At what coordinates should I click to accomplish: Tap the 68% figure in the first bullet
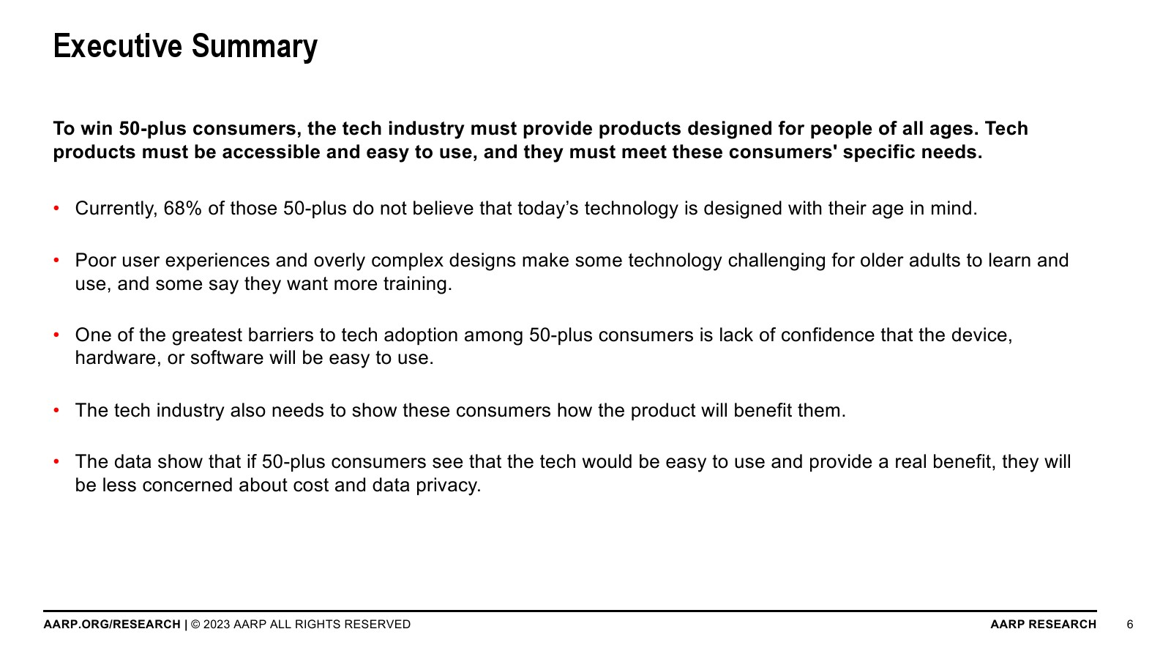pos(182,208)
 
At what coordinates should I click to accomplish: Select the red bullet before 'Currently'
pos(56,208)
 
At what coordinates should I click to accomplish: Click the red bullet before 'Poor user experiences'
pos(56,260)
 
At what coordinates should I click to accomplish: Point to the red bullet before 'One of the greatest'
pos(56,335)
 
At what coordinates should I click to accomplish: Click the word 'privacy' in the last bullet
pos(448,486)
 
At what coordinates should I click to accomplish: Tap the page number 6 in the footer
pos(1130,625)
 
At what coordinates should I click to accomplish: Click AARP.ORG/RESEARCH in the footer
pos(112,625)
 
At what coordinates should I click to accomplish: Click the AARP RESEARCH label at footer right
pos(1044,625)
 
